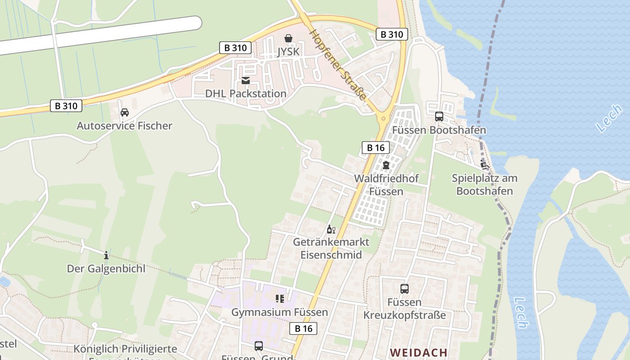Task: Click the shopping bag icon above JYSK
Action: click(288, 39)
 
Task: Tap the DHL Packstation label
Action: click(246, 94)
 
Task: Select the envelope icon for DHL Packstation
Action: click(246, 81)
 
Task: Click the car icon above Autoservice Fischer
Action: click(125, 112)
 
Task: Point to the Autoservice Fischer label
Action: click(124, 126)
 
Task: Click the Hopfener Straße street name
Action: click(338, 66)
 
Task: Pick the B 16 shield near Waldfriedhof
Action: click(375, 147)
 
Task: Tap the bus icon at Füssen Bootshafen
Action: click(439, 117)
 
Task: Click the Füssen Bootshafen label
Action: click(439, 130)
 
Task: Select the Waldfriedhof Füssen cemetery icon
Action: click(386, 165)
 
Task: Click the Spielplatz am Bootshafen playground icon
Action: click(485, 165)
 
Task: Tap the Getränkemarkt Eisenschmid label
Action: click(331, 248)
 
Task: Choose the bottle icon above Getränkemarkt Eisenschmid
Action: click(331, 229)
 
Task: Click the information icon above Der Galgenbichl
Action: click(106, 256)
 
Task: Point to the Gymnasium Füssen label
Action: click(279, 312)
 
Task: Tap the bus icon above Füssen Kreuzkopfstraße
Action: click(404, 289)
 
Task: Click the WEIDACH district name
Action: click(418, 352)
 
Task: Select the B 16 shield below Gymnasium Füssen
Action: click(303, 328)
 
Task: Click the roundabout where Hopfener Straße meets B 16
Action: click(383, 119)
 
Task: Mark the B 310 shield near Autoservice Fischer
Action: click(66, 106)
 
